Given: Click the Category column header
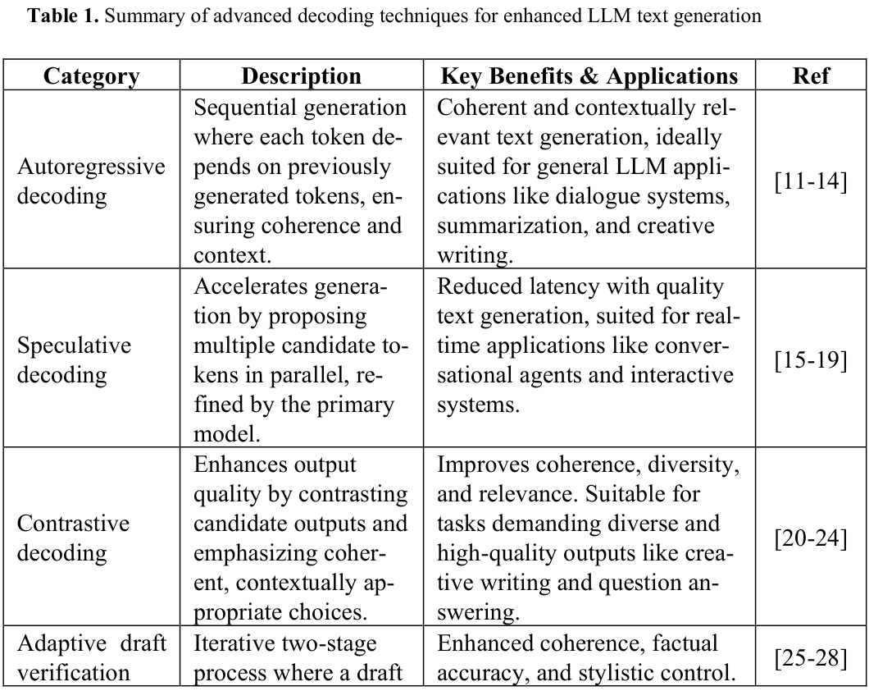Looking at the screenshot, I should pos(91,76).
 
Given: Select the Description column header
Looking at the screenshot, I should pos(301,76).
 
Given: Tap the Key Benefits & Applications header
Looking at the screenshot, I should pos(589,76).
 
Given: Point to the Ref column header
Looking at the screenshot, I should pos(811,76).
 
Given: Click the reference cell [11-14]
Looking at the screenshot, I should pos(811,181).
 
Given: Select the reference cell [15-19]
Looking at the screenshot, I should pos(811,360).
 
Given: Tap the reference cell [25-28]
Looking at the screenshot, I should pos(811,657).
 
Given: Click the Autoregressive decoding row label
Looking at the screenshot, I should pos(91,181).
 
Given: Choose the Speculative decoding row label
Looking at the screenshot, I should pos(74,360).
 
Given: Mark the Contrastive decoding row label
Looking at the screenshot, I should pos(74,538).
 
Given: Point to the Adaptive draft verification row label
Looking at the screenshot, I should pos(91,658).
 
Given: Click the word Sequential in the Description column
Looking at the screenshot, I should pos(243,108).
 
